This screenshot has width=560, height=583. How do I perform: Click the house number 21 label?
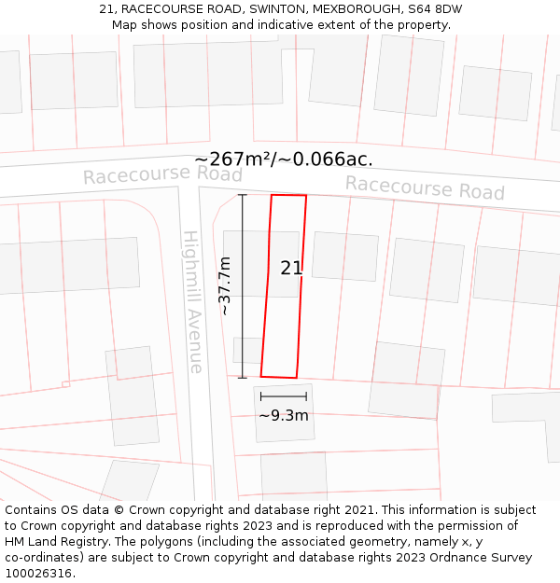click(291, 268)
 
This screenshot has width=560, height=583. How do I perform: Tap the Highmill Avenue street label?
click(192, 301)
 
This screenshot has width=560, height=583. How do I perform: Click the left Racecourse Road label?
click(162, 175)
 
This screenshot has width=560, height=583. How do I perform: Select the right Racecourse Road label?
click(425, 187)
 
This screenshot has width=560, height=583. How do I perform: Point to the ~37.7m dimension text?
click(225, 285)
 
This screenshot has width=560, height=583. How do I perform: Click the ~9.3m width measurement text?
click(283, 415)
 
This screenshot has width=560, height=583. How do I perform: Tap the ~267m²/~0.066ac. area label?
click(283, 160)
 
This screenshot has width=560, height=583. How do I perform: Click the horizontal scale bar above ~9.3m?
click(283, 396)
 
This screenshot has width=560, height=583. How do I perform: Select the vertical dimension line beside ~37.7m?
click(243, 285)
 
